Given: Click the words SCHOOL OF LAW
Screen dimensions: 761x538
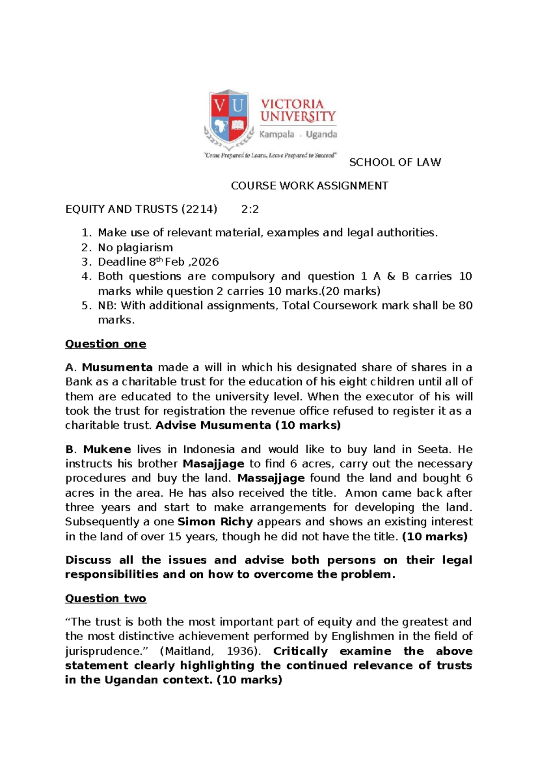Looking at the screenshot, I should coord(395,162).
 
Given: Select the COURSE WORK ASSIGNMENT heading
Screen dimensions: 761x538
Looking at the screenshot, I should coord(309,186).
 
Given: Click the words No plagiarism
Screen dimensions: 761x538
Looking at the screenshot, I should coord(135,248).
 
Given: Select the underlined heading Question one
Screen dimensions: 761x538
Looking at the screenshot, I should coord(105,344).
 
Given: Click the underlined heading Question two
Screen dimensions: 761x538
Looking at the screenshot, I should coord(105,599).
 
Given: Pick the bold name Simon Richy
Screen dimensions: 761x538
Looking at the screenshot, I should coord(215,522).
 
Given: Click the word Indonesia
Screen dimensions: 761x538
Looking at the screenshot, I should coord(209,450).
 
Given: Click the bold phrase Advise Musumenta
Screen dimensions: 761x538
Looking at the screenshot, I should coord(213,425).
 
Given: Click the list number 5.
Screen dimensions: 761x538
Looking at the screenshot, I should coord(86,306).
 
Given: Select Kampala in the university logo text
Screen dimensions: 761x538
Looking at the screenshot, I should coord(277,134).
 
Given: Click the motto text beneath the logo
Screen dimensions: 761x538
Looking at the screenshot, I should coord(270,155).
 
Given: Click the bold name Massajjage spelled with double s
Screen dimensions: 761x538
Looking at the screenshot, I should coord(271,478).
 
